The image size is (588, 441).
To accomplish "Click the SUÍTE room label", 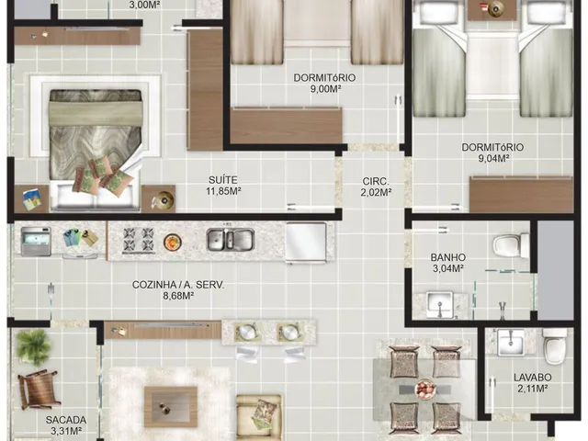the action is pyautogui.click(x=223, y=180).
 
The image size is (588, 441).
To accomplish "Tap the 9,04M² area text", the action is pyautogui.click(x=492, y=158).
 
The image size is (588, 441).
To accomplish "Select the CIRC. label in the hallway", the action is pyautogui.click(x=376, y=182).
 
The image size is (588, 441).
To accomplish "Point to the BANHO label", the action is pyautogui.click(x=447, y=257).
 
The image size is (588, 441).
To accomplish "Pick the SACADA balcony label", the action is pyautogui.click(x=66, y=420).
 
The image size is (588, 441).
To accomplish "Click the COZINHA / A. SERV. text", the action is pyautogui.click(x=178, y=285).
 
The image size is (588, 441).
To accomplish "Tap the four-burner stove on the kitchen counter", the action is pyautogui.click(x=139, y=239).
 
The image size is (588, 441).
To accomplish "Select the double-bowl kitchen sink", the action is pyautogui.click(x=231, y=240).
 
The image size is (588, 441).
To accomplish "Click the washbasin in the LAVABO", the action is pyautogui.click(x=511, y=342).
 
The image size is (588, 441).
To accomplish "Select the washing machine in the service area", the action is pyautogui.click(x=36, y=241).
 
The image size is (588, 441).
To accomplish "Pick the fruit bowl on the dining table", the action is pyautogui.click(x=424, y=388).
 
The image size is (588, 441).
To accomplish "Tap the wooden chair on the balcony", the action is pyautogui.click(x=39, y=389).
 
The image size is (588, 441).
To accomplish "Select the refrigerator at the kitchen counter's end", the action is pyautogui.click(x=306, y=241).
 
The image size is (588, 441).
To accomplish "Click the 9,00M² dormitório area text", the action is pyautogui.click(x=325, y=89).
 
